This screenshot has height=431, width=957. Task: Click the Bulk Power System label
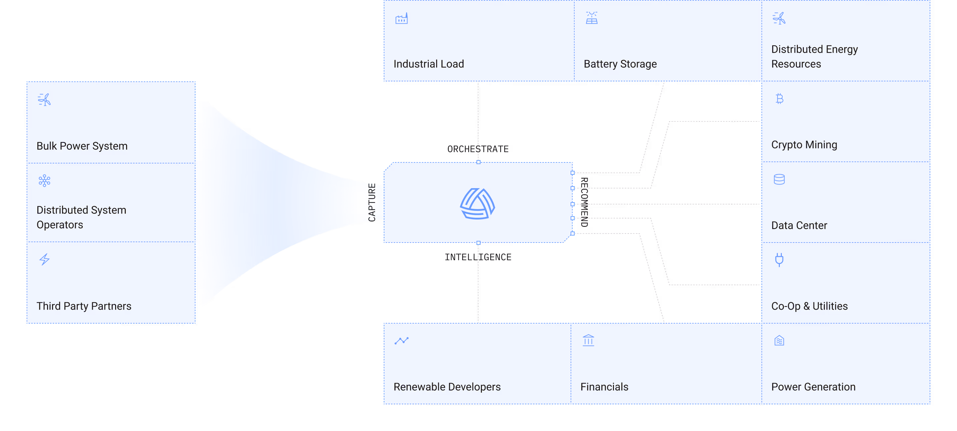[x=82, y=146]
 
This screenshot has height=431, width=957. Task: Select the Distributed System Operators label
[x=81, y=218]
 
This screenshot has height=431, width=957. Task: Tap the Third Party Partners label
[x=84, y=306]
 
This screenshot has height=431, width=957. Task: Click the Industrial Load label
[x=428, y=64]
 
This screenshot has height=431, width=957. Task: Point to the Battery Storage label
[x=620, y=64]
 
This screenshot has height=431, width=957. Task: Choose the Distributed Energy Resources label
[x=814, y=56]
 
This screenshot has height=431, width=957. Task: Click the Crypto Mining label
[x=804, y=145]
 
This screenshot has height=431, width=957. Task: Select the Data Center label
[x=799, y=226]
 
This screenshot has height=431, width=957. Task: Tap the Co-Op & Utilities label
[x=809, y=306]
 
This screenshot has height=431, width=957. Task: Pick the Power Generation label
[x=813, y=387]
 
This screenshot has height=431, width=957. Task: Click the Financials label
[x=604, y=387]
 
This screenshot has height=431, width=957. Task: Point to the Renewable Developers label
[x=447, y=387]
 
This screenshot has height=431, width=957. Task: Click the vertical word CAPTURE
[x=372, y=202]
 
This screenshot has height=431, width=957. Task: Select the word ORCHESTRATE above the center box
[x=478, y=149]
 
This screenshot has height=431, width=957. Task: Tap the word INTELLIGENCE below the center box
[x=478, y=257]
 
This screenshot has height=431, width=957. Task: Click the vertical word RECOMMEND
[x=584, y=202]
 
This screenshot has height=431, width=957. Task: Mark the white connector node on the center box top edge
[x=478, y=162]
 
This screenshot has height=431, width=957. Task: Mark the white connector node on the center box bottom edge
[x=478, y=243]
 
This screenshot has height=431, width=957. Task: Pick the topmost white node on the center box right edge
[x=573, y=173]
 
